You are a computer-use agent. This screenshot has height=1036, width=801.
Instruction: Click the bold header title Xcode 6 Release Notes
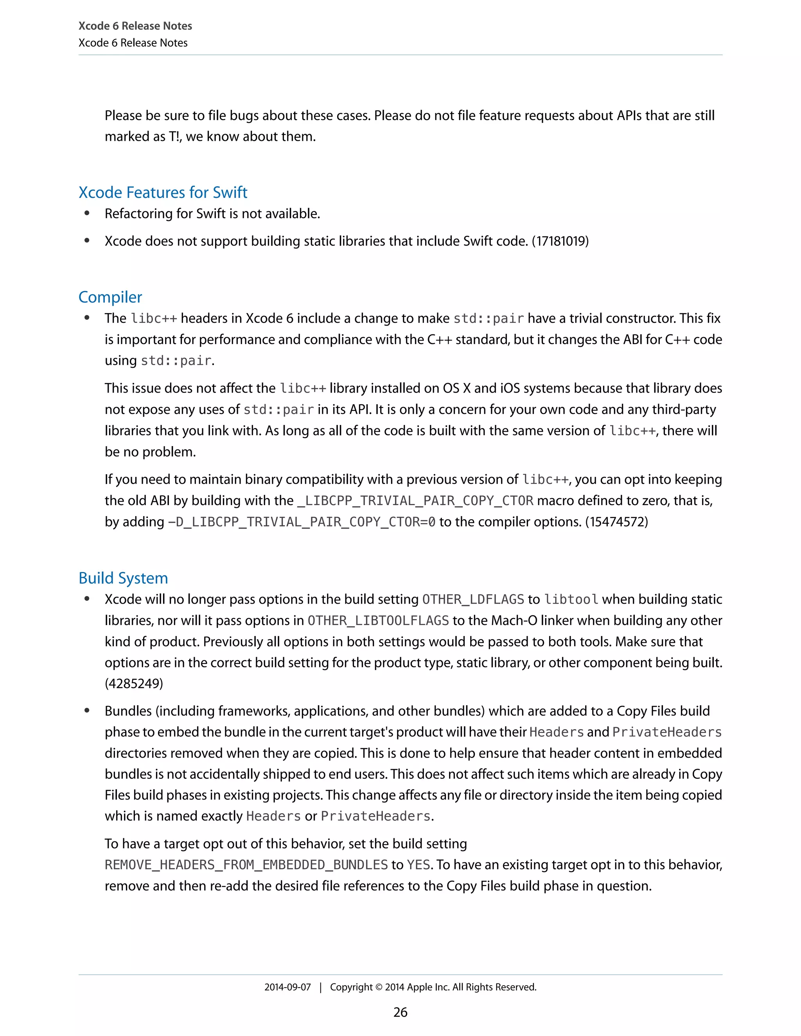(x=135, y=26)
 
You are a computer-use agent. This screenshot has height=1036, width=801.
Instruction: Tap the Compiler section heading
(x=110, y=297)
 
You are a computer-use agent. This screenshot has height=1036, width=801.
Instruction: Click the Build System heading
(x=123, y=578)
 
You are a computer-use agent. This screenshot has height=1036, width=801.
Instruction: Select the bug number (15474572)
(x=616, y=522)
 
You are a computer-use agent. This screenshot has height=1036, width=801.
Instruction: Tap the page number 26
(x=400, y=1012)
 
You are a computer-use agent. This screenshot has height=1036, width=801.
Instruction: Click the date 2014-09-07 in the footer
(x=287, y=987)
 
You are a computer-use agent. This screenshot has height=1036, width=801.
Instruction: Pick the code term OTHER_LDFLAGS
(x=473, y=600)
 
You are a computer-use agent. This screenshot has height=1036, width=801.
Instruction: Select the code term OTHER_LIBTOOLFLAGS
(x=378, y=620)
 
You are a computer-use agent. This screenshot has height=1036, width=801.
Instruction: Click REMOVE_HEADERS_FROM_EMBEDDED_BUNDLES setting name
(x=246, y=865)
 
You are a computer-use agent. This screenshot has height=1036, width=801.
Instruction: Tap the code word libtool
(x=571, y=600)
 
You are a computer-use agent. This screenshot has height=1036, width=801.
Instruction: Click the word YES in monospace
(x=418, y=865)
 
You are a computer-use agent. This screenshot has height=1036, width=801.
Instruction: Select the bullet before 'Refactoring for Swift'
(x=87, y=213)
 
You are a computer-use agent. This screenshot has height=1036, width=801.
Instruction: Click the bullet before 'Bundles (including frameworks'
(x=87, y=711)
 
